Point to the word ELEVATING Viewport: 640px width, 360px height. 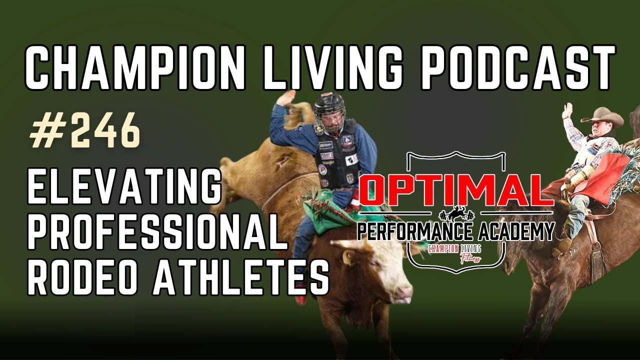pos(124,186)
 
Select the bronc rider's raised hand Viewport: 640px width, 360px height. pos(567,110)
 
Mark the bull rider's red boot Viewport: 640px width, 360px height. pos(300,299)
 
